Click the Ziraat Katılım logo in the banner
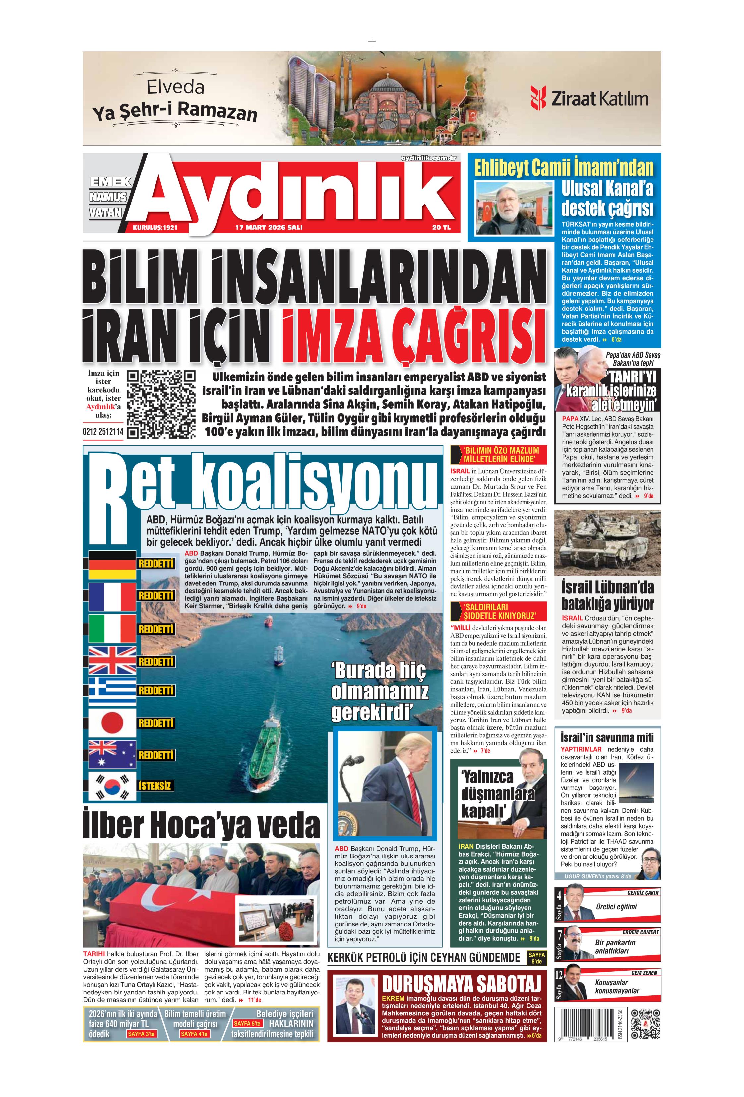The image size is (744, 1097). (589, 98)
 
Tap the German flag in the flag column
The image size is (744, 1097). (112, 565)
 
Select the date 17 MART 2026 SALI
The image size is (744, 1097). (269, 227)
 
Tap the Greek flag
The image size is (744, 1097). (112, 691)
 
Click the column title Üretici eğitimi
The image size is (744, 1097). (616, 906)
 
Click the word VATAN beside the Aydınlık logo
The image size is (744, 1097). (106, 213)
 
